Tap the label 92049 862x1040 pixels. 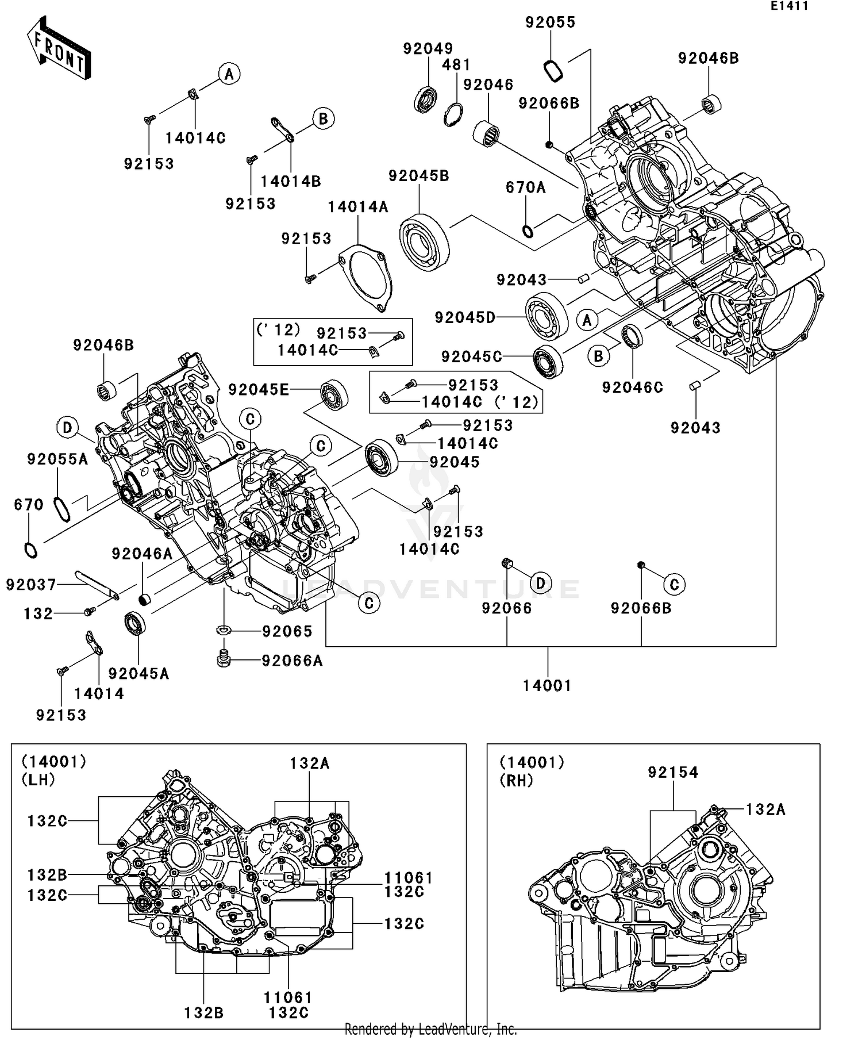(x=428, y=48)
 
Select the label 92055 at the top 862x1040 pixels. (x=550, y=22)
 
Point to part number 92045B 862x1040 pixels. (x=418, y=176)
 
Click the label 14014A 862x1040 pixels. (x=358, y=207)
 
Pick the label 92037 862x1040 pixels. (x=31, y=585)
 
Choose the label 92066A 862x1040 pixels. (x=292, y=661)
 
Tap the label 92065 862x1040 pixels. (x=287, y=631)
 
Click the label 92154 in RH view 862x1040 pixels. (x=673, y=772)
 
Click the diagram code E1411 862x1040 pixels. (x=789, y=6)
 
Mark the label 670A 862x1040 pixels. (x=525, y=187)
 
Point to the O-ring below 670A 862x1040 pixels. (x=528, y=231)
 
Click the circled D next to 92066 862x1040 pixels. (x=540, y=584)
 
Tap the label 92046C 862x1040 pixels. (x=632, y=387)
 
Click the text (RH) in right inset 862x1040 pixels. (x=516, y=780)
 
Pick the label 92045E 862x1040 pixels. (x=258, y=390)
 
